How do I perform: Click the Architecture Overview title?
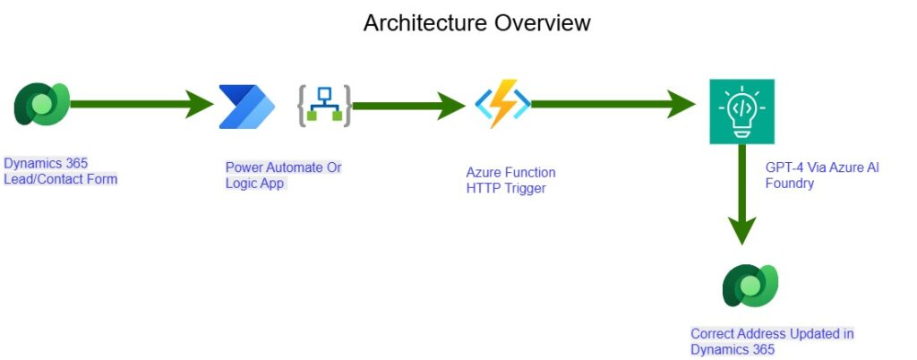476,22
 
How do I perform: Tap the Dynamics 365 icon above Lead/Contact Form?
42,104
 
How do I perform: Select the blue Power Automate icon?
247,107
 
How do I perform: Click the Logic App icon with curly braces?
324,107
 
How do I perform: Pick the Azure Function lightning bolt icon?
502,104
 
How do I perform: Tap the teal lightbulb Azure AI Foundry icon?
741,112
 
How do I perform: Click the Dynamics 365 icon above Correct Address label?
750,285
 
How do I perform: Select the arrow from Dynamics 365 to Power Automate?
142,104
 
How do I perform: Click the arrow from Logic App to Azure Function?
408,106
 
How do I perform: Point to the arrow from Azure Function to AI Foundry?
613,104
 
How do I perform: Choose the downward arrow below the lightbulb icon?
741,194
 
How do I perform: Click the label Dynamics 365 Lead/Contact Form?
61,171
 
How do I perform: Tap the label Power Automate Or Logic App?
284,176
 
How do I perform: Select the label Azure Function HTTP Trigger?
510,181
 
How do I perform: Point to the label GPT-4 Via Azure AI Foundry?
822,176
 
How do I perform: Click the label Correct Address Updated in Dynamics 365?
772,342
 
